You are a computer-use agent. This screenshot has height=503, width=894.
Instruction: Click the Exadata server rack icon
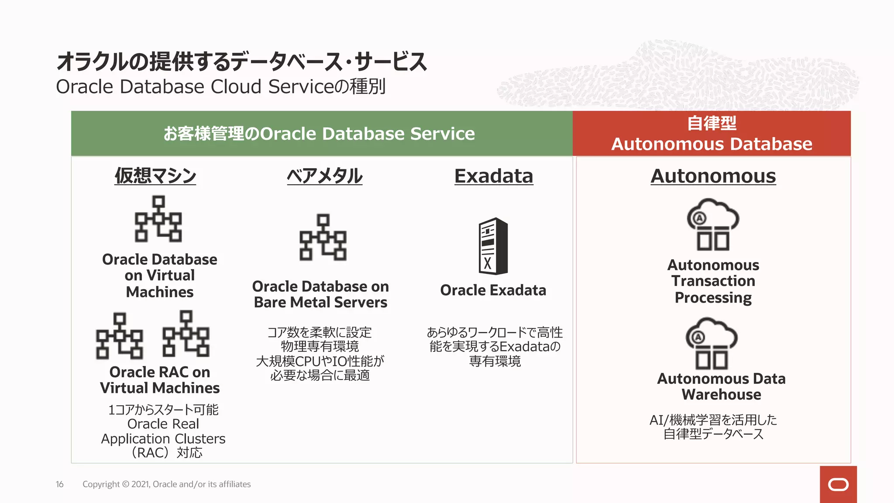[493, 246]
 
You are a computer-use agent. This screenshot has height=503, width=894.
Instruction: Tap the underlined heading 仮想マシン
[155, 176]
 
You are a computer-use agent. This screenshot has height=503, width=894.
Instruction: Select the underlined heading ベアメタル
[324, 176]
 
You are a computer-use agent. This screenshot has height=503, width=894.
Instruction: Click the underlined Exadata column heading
[494, 176]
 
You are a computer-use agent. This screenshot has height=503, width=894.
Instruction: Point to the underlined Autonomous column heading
[713, 176]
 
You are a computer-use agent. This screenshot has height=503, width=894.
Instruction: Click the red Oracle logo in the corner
[838, 484]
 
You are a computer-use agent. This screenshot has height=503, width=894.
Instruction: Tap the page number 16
[60, 484]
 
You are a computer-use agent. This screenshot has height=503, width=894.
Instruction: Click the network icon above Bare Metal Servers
[323, 237]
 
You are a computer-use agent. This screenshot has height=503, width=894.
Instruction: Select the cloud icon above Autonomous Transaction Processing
[713, 224]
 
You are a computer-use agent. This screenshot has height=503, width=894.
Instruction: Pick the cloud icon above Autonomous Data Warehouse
[712, 343]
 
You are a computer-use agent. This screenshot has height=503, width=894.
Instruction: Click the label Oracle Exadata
[493, 290]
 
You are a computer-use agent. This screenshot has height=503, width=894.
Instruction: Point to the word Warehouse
[721, 395]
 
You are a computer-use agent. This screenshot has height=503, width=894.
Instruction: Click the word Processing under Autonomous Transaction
[713, 298]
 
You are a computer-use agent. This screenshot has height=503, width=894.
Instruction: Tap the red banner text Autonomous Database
[712, 144]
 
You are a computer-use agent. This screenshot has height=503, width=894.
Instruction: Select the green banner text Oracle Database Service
[367, 134]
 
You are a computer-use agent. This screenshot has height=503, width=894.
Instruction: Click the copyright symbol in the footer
[126, 484]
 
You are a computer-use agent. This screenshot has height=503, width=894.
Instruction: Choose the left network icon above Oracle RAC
[119, 335]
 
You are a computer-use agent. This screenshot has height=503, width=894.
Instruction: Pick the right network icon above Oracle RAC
[186, 334]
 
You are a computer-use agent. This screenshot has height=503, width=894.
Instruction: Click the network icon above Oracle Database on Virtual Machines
[158, 219]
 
